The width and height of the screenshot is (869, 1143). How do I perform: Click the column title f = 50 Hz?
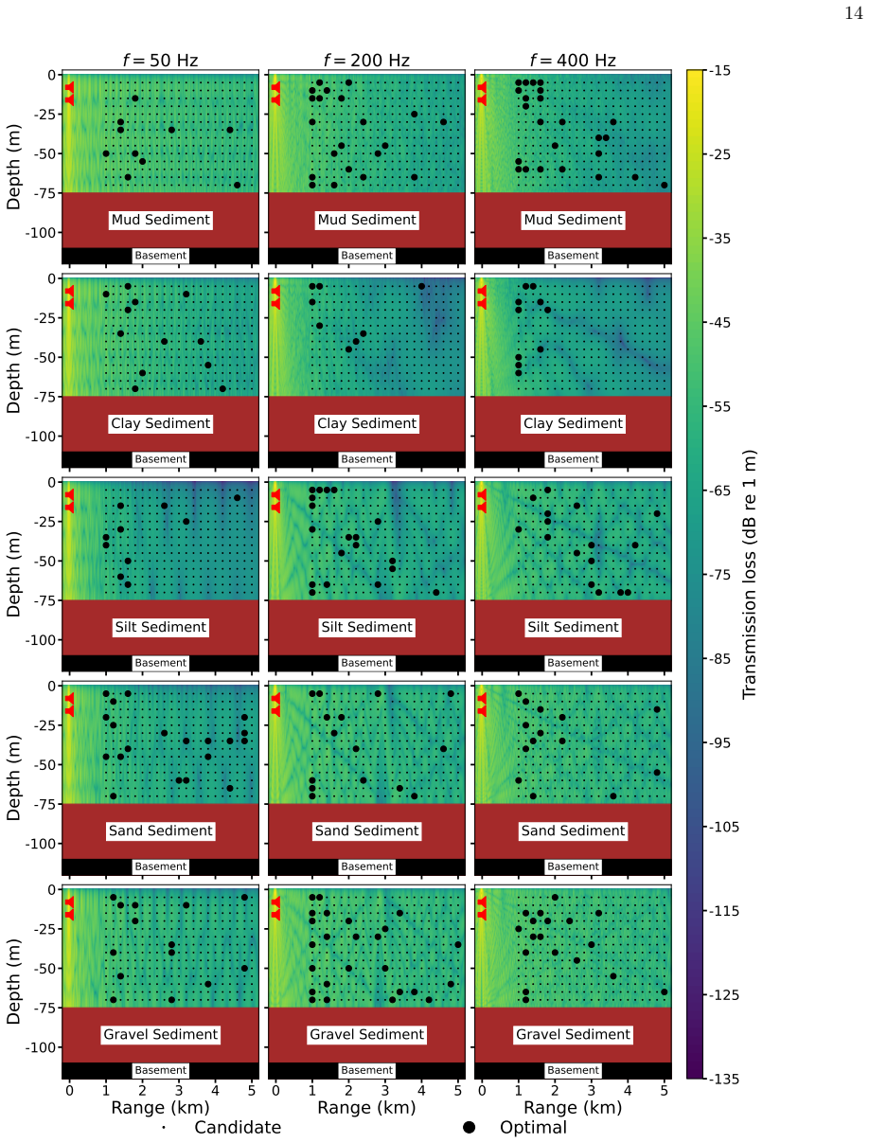point(160,61)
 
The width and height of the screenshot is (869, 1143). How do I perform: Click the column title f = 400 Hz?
point(573,61)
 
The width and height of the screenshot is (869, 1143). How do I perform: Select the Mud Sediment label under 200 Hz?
point(367,220)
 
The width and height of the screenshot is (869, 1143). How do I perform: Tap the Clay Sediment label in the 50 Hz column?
point(160,423)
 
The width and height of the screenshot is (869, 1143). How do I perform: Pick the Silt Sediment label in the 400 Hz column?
point(573,627)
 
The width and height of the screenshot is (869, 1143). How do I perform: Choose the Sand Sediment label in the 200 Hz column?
point(367,830)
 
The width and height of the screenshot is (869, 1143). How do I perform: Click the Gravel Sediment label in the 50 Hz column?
point(160,1034)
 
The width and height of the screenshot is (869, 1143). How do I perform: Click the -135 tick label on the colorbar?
point(724,1079)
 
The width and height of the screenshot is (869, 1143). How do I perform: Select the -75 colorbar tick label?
point(720,575)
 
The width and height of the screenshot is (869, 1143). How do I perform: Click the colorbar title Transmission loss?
point(749,575)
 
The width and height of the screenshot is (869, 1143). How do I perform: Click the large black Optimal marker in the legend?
point(469,1128)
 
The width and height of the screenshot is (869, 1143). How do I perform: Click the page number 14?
point(854,13)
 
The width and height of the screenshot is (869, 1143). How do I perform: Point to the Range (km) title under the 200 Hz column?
point(367,1108)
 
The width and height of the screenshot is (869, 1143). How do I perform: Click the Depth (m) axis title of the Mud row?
point(13,168)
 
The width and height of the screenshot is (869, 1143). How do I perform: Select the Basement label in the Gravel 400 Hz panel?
point(573,1070)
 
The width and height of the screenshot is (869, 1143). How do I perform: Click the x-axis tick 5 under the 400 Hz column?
point(664,1090)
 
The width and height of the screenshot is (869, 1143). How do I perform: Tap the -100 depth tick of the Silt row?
point(41,640)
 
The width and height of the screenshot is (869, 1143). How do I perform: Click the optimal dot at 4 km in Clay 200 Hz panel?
point(421,286)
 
